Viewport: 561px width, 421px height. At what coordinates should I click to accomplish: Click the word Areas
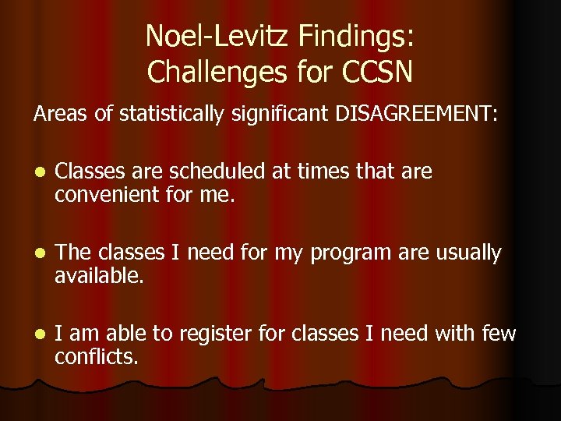[x=61, y=114]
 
